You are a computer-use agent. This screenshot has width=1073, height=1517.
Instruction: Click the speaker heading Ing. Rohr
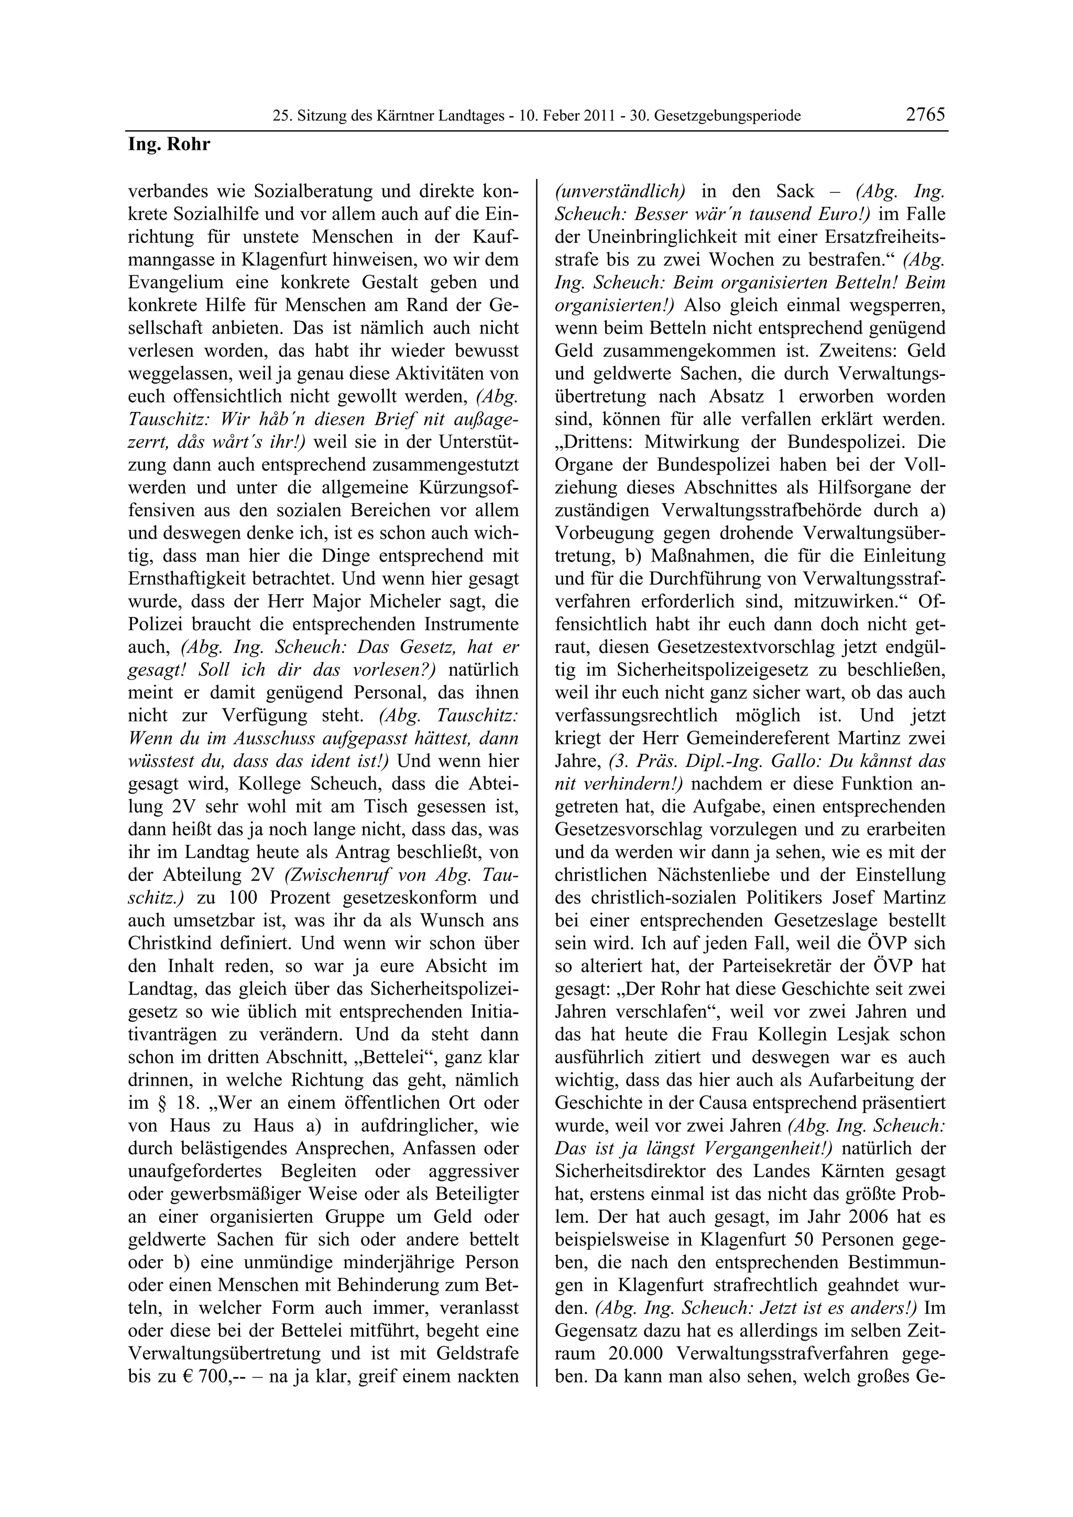(169, 144)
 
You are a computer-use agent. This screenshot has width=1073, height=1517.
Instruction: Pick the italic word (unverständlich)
(619, 192)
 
